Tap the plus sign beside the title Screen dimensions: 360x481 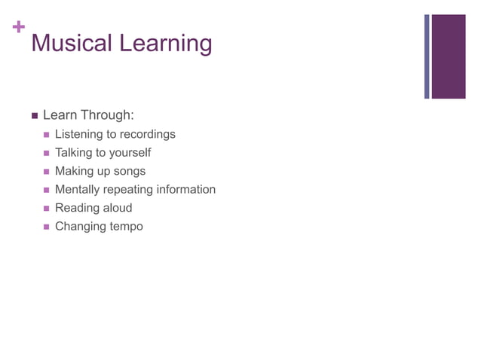pyautogui.click(x=17, y=28)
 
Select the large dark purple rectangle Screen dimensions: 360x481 pyautogui.click(x=449, y=56)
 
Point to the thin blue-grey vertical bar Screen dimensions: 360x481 pyautogui.click(x=427, y=56)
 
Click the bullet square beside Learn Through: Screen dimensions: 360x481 pyautogui.click(x=34, y=116)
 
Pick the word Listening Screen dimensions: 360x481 pyautogui.click(x=78, y=134)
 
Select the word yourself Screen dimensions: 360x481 pyautogui.click(x=130, y=153)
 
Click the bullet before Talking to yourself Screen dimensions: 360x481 pyautogui.click(x=47, y=153)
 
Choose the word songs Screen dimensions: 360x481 pyautogui.click(x=129, y=171)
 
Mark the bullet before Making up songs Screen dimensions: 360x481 pyautogui.click(x=47, y=172)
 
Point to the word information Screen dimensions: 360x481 pyautogui.click(x=185, y=189)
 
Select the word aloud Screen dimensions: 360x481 pyautogui.click(x=118, y=208)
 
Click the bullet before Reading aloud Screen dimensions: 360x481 pyautogui.click(x=47, y=209)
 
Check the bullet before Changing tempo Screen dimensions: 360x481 pyautogui.click(x=47, y=227)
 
